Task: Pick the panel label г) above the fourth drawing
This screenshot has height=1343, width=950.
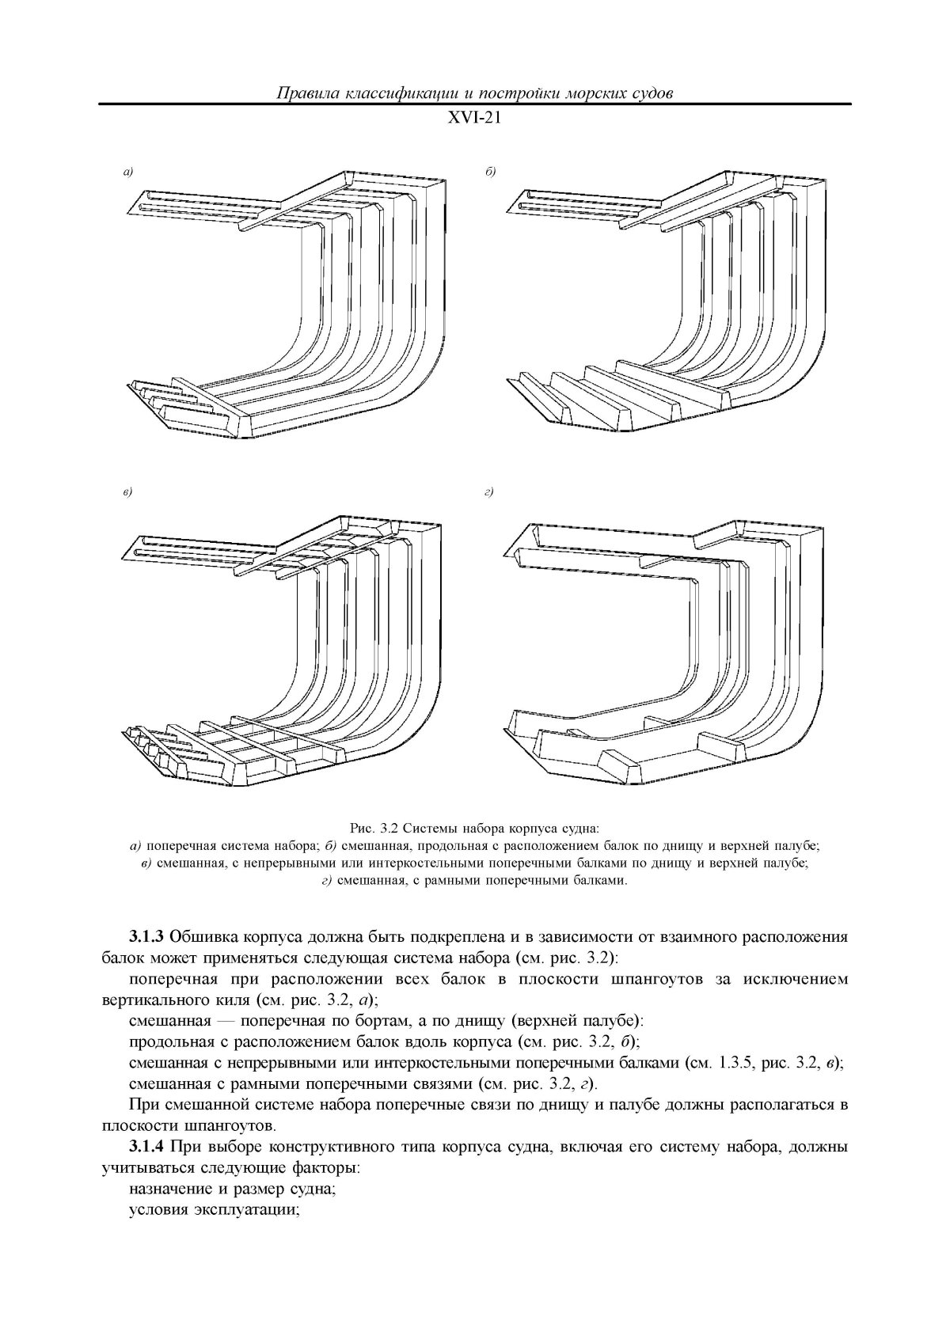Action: click(x=488, y=492)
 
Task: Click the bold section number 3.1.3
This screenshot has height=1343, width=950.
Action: click(x=146, y=937)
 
